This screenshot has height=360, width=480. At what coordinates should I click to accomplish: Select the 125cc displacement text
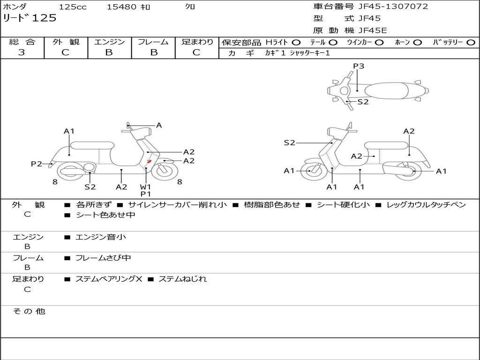[x=70, y=7]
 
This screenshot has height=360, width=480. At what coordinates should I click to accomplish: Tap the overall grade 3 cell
[x=22, y=52]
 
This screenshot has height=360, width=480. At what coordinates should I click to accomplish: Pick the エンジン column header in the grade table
[x=109, y=42]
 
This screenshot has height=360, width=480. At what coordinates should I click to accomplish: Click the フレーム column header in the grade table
[x=153, y=42]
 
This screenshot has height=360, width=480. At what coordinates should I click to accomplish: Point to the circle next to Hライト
[x=296, y=42]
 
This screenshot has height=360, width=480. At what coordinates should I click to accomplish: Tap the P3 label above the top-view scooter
[x=359, y=66]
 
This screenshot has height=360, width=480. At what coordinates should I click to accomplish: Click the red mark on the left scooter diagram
[x=149, y=161]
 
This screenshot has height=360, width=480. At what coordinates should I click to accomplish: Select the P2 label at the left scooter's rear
[x=37, y=164]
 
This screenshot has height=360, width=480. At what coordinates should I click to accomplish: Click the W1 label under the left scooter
[x=146, y=187]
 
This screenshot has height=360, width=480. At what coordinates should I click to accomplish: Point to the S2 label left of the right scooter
[x=289, y=142]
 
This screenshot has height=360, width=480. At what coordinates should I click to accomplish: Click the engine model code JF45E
[x=373, y=30]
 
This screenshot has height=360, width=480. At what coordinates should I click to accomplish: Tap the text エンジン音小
[x=101, y=237]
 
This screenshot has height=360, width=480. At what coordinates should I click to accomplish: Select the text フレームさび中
[x=103, y=258]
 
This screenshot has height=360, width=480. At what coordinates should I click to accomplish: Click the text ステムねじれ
[x=182, y=279]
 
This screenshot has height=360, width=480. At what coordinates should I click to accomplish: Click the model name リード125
[x=30, y=18]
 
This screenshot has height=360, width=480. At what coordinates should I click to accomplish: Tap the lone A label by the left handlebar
[x=159, y=125]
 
